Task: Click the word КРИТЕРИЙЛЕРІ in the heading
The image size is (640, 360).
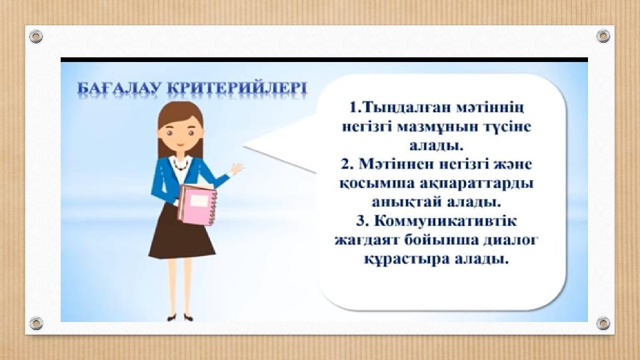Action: point(237,89)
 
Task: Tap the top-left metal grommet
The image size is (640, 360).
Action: point(36,36)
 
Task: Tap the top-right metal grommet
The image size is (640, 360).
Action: point(603,36)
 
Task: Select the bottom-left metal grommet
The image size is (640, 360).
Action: point(36,323)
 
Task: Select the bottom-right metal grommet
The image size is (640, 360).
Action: point(603,323)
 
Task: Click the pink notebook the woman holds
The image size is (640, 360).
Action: point(197,204)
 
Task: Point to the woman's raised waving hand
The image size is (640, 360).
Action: point(236,168)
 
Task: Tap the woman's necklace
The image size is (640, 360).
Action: point(180,164)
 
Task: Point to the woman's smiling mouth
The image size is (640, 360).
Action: point(180,145)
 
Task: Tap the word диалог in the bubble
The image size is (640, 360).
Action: point(511,239)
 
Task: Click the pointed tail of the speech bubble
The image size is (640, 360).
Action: point(245,146)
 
